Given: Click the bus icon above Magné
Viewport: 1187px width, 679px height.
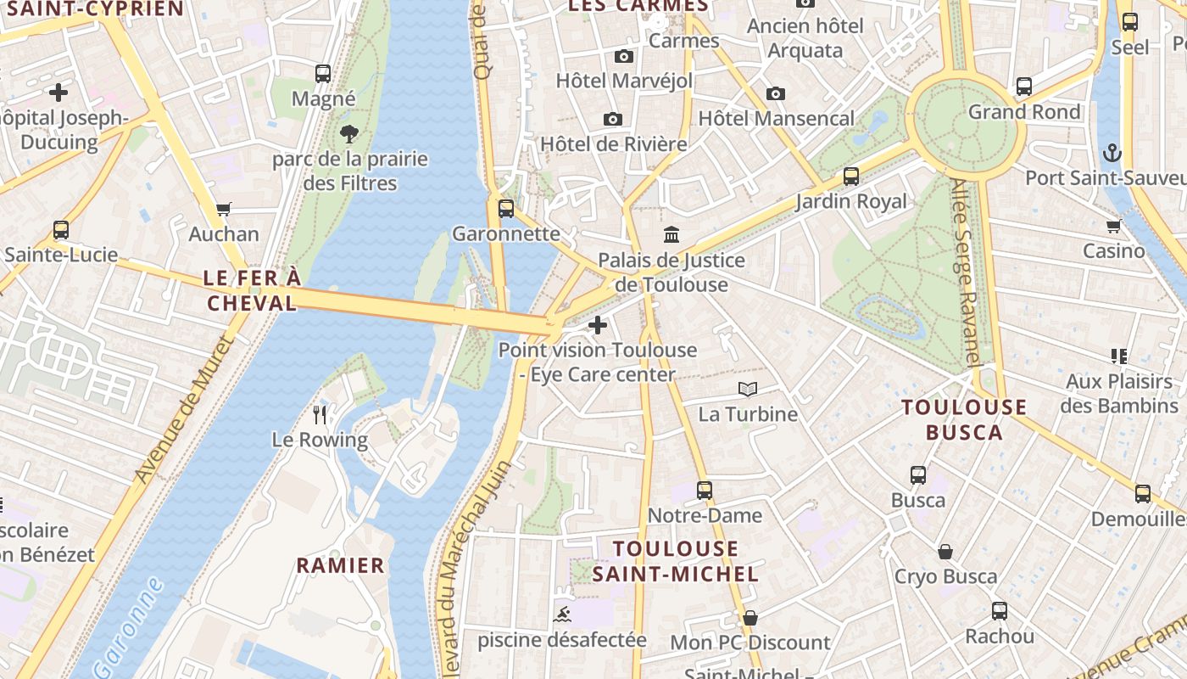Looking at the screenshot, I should (x=323, y=74).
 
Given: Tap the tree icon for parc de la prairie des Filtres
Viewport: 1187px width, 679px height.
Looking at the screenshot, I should (x=348, y=133).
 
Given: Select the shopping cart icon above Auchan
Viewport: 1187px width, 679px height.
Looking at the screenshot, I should (x=224, y=209).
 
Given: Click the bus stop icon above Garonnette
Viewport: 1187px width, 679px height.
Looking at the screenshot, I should (x=506, y=208).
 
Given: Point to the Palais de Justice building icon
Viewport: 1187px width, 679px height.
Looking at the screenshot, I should (x=672, y=234).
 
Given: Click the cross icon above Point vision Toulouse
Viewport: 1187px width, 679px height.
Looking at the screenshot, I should (x=597, y=324).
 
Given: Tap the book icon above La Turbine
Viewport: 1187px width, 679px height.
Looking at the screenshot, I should (x=747, y=389).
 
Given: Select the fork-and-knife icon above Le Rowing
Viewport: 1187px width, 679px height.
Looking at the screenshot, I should (x=320, y=414).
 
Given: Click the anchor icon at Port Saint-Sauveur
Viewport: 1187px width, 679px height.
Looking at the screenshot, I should (x=1112, y=153).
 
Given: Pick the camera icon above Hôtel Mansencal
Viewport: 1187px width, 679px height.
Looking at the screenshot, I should (x=775, y=93).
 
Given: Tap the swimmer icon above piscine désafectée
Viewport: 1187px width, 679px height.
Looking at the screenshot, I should (x=561, y=614).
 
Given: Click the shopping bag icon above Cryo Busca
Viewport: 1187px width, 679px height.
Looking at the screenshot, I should (x=945, y=552).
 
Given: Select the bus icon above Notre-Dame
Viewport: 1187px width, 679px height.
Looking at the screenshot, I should (x=705, y=490).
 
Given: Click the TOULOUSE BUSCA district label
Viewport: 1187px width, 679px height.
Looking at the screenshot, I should (x=964, y=419).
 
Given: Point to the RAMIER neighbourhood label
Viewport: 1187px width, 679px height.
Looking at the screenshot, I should (x=340, y=565).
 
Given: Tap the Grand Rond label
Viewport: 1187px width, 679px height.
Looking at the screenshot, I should (x=1024, y=112).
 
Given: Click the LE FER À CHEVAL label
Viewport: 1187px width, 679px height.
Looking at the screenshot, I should (x=252, y=290).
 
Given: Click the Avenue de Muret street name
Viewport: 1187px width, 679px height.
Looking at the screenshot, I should (x=182, y=409).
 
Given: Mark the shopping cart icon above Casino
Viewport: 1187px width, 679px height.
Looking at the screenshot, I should (x=1113, y=226).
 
